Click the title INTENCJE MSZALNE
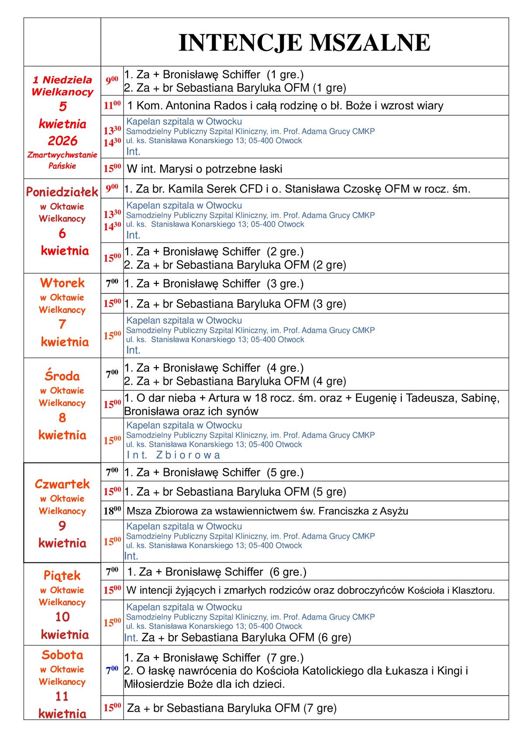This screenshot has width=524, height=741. [304, 43]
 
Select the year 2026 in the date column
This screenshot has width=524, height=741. [62, 141]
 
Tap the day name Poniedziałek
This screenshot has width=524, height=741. [62, 192]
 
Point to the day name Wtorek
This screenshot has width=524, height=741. [62, 283]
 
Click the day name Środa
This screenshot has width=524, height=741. [62, 376]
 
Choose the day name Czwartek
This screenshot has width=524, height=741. [62, 484]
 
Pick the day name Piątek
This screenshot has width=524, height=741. [62, 575]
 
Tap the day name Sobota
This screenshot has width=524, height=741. [62, 655]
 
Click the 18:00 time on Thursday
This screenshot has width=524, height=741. [112, 511]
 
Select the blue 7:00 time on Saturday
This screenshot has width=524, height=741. [112, 670]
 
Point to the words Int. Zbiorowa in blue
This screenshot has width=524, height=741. [173, 455]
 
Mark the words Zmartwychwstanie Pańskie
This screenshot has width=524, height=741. [62, 160]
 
